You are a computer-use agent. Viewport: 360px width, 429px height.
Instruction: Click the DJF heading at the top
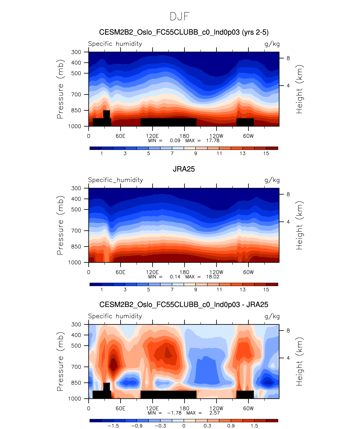tap(180, 17)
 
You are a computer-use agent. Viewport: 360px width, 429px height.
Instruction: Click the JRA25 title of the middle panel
tap(184, 169)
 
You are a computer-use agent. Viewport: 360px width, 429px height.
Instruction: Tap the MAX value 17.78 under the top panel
tap(213, 140)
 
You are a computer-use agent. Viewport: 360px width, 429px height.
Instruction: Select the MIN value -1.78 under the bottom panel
tap(174, 413)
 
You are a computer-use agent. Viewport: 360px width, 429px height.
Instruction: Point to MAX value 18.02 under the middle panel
tap(213, 277)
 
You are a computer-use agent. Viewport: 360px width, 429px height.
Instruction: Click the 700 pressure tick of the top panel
tap(76, 95)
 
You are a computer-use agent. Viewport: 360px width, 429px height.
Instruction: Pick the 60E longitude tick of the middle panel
tap(120, 272)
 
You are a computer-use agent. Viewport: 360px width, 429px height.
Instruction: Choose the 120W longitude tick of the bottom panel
tap(216, 408)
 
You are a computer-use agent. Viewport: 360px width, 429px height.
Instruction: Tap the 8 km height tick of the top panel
tap(288, 58)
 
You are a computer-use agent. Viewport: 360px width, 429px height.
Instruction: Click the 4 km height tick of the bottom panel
tap(288, 358)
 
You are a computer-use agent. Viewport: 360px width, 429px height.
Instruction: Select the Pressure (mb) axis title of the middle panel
tap(60, 225)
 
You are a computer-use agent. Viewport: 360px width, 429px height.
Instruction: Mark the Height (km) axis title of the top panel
tap(299, 89)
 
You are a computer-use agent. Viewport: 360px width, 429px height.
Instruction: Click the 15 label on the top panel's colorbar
tap(266, 153)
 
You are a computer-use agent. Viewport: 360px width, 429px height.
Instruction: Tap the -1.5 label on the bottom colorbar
tap(113, 426)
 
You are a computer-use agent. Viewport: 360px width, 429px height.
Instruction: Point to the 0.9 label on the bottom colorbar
tap(231, 426)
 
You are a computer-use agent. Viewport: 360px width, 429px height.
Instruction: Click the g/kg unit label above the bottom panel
tap(272, 316)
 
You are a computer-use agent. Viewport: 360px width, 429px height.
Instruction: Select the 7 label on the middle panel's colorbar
tap(172, 289)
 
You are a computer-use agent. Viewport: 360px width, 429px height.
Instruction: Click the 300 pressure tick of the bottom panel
tap(76, 324)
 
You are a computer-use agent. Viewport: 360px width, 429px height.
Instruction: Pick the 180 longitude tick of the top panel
tap(184, 136)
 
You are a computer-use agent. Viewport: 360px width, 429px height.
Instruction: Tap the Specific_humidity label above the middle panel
tap(115, 180)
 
